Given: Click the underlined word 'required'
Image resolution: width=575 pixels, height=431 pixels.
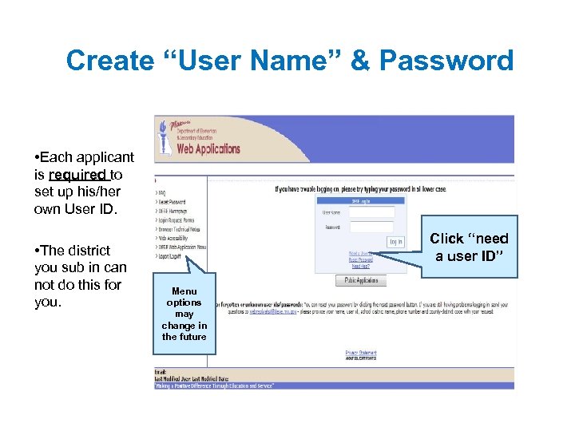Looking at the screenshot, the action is coord(78,174).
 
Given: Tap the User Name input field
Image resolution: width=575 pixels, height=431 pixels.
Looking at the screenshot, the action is coord(371,212).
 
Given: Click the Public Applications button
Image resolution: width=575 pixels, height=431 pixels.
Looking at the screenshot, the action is coord(360,280).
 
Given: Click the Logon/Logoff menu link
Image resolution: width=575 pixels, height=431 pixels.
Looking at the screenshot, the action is coord(171,257).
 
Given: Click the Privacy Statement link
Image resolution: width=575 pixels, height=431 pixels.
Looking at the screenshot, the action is coord(360,352).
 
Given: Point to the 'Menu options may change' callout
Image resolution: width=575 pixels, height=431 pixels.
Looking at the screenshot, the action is coord(184,314).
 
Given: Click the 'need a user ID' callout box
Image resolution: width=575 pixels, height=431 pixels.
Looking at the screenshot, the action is coord(469,247).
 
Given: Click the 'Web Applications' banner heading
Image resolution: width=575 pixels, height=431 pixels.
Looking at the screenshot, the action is coord(208,148).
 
